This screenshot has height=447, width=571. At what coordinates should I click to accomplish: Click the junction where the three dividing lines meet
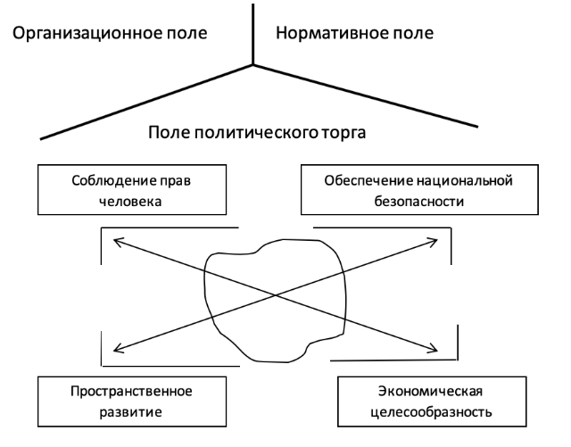click(x=253, y=65)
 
